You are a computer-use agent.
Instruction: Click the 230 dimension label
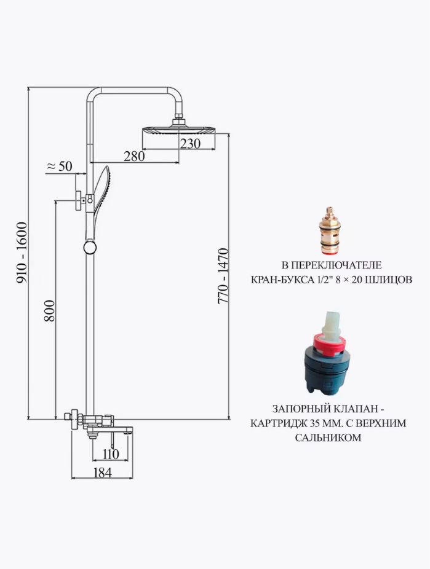pyautogui.click(x=191, y=144)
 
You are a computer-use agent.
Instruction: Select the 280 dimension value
pyautogui.click(x=134, y=157)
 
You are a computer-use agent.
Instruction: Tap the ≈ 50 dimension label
pyautogui.click(x=60, y=166)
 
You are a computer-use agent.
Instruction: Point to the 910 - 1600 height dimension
pyautogui.click(x=22, y=253)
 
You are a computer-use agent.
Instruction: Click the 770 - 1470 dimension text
pyautogui.click(x=223, y=276)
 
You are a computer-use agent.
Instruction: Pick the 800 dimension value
pyautogui.click(x=49, y=311)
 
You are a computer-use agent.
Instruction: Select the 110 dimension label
pyautogui.click(x=111, y=454)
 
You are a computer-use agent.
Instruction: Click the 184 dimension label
pyautogui.click(x=103, y=473)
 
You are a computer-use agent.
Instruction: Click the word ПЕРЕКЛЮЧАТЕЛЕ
pyautogui.click(x=336, y=265)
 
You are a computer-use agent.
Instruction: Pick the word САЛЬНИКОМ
pyautogui.click(x=328, y=438)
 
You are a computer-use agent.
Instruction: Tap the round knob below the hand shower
pyautogui.click(x=90, y=247)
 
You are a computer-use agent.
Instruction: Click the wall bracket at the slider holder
pyautogui.click(x=79, y=200)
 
